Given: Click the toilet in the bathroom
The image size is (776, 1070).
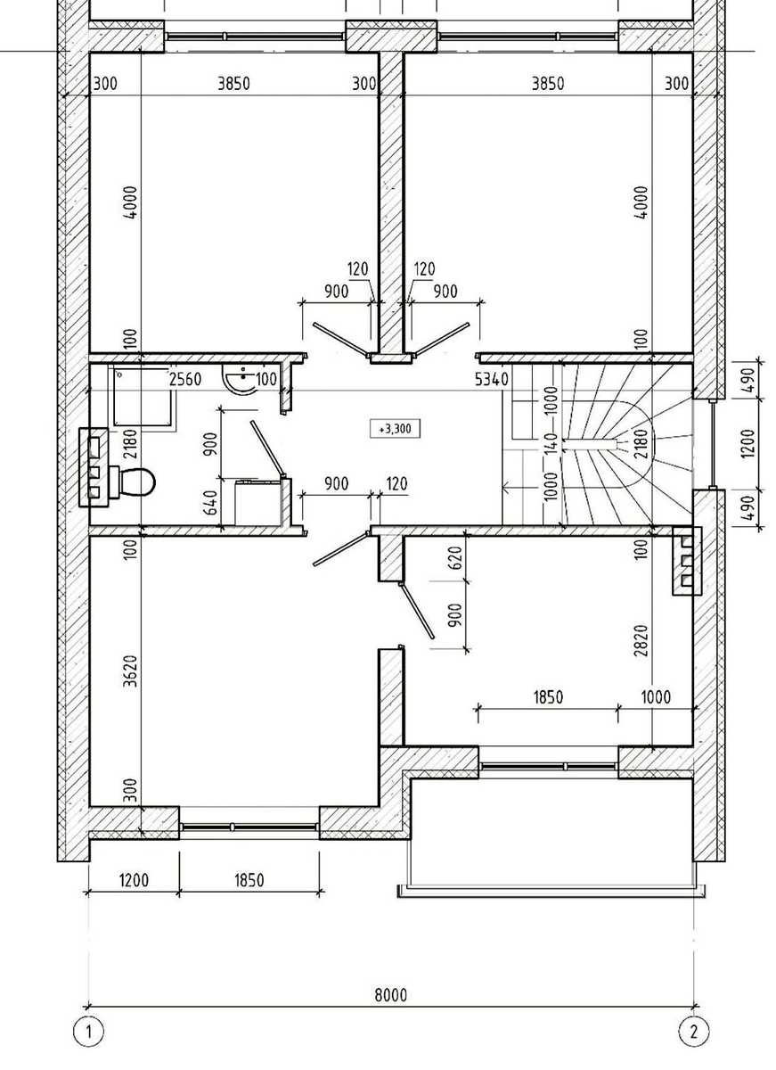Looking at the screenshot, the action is click(134, 483).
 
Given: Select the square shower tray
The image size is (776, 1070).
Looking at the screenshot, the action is click(143, 398).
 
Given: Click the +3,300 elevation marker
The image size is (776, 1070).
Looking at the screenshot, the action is click(396, 429).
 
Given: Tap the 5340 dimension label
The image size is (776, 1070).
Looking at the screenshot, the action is click(492, 380).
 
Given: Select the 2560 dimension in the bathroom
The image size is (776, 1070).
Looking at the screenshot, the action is click(185, 379).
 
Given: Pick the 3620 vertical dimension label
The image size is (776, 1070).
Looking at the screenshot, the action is click(130, 671).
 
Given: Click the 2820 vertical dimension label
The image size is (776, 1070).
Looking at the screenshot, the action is click(642, 640).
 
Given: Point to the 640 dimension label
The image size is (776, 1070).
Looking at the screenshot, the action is click(212, 503).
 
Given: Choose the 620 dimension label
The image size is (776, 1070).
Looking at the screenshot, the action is click(455, 557).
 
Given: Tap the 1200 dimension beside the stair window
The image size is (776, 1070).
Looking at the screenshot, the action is click(747, 444).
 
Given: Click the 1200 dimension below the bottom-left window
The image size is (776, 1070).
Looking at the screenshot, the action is click(135, 880).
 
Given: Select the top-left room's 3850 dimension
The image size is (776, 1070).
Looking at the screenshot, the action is click(233, 84).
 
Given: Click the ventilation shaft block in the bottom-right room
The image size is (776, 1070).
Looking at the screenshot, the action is click(687, 561).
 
